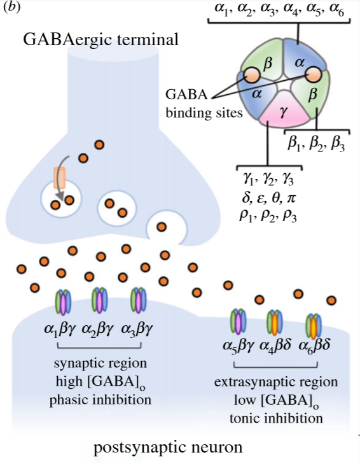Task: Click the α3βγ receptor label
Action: tap(138, 330)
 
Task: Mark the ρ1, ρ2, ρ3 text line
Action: tap(265, 214)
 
